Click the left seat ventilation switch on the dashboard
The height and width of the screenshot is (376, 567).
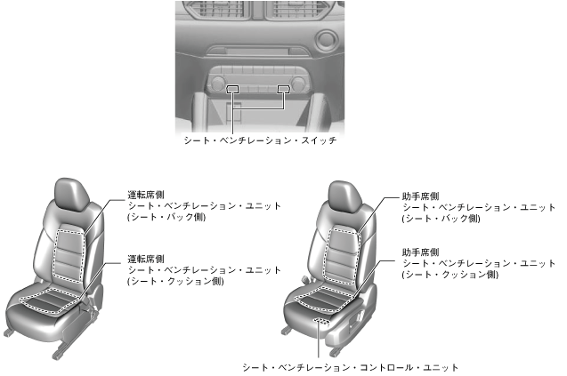click(x=233, y=90)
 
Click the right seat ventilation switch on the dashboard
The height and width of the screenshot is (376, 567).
click(x=284, y=90)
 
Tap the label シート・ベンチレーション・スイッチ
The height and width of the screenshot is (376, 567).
click(x=259, y=140)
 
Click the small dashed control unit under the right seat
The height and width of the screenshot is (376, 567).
click(x=321, y=317)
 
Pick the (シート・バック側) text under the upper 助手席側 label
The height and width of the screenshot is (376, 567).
click(x=441, y=218)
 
